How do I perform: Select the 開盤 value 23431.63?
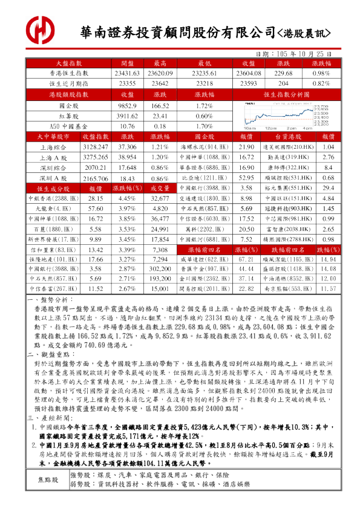click(127, 73)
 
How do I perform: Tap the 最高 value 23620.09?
click(160, 73)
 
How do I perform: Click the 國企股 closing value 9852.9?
click(127, 106)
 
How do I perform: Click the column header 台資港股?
click(287, 137)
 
